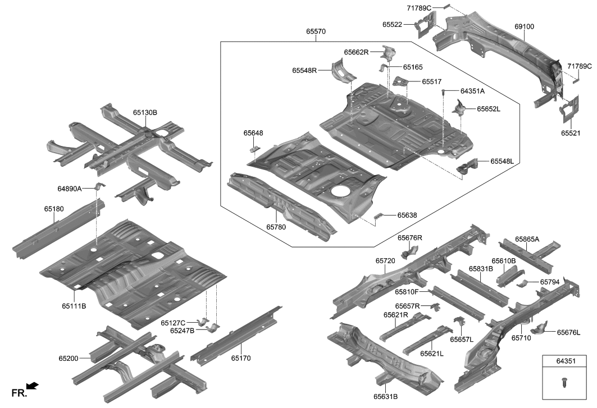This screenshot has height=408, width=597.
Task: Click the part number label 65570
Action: (x=316, y=32)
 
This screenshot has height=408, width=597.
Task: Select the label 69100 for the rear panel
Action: (x=524, y=26)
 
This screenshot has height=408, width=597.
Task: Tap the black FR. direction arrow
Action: (x=33, y=386)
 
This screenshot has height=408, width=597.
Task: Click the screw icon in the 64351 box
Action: (x=564, y=382)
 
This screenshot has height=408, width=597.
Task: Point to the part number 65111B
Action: (x=74, y=306)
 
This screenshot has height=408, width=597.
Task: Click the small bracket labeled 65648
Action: (x=254, y=149)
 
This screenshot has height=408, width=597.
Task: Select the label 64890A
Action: (x=69, y=188)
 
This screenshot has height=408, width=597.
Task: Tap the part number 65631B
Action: (x=386, y=396)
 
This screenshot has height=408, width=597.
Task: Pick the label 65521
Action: (x=572, y=134)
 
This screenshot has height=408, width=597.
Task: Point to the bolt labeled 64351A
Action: (x=443, y=91)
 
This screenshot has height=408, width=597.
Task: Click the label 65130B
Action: (x=145, y=113)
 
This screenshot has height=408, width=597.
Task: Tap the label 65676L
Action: (x=568, y=332)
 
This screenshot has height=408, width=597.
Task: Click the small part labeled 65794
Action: (x=521, y=282)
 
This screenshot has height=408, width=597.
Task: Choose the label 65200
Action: (x=69, y=357)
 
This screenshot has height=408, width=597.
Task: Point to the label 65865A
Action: (x=527, y=239)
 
